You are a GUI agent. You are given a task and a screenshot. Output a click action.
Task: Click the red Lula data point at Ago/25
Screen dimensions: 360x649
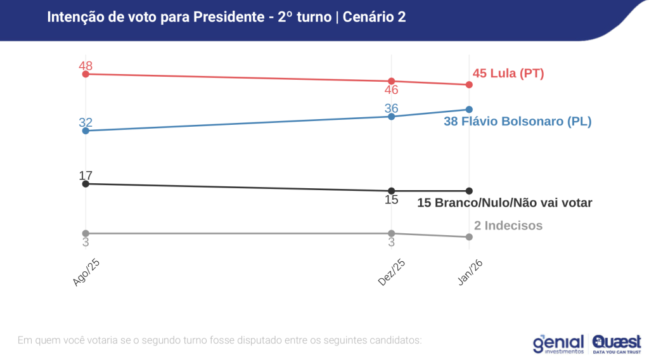(x=86, y=74)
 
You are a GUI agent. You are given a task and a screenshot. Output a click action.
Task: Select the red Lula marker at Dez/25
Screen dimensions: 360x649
(x=392, y=81)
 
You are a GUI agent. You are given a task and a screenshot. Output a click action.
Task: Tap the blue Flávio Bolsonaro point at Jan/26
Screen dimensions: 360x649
(x=469, y=109)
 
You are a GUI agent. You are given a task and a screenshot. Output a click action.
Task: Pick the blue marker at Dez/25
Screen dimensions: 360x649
(x=392, y=116)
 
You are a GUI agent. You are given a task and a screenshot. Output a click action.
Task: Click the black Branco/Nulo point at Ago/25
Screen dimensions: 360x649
(x=86, y=184)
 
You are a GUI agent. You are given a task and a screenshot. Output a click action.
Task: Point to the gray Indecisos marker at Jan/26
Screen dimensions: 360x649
(x=469, y=237)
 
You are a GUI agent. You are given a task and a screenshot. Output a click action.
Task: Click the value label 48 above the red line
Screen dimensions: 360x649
(x=86, y=66)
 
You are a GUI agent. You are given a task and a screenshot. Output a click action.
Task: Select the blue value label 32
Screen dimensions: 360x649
(x=86, y=122)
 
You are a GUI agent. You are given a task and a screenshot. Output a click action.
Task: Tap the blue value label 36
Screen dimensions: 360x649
(x=392, y=108)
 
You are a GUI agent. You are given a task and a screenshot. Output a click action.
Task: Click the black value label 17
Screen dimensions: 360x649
(x=86, y=176)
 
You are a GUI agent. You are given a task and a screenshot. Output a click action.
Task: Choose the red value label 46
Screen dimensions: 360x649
(x=392, y=90)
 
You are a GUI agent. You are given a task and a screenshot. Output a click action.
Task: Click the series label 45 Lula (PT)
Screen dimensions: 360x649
(x=508, y=74)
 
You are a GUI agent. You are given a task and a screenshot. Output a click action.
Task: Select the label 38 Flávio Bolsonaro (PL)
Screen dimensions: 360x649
(x=517, y=121)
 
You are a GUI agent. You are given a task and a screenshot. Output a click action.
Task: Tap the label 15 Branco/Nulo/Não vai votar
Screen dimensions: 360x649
(x=504, y=203)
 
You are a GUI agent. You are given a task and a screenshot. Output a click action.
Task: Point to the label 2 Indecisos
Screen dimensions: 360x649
(x=508, y=226)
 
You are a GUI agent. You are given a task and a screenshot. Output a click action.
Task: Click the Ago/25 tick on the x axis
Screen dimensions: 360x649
(x=86, y=273)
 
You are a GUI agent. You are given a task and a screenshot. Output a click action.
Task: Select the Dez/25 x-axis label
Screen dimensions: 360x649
(x=392, y=273)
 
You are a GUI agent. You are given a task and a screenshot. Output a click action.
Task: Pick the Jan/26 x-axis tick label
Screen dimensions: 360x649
(x=470, y=273)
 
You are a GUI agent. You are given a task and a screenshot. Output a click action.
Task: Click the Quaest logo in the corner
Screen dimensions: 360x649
(x=616, y=343)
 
